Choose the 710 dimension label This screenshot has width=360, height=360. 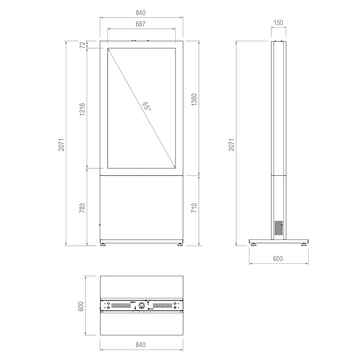(x=194, y=208)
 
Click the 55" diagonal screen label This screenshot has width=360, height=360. (x=147, y=106)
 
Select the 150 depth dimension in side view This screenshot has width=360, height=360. (x=278, y=22)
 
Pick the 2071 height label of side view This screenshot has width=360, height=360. (x=232, y=144)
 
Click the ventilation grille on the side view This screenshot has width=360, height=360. (x=279, y=228)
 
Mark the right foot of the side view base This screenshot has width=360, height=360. (x=304, y=244)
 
